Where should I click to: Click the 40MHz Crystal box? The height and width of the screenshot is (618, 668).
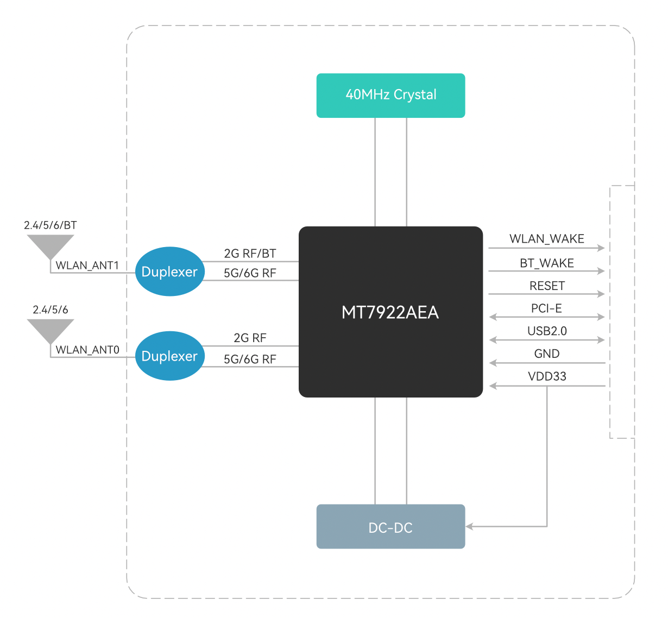pos(390,95)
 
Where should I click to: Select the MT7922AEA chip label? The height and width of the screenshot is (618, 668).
pos(390,312)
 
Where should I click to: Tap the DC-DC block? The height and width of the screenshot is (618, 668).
pos(390,527)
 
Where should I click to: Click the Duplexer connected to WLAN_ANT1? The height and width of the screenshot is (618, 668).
pos(169,272)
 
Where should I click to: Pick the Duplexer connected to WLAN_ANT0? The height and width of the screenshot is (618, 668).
pos(169,356)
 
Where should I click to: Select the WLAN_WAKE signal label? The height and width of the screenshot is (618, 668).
pos(546,239)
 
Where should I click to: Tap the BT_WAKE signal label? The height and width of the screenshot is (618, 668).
pos(546,263)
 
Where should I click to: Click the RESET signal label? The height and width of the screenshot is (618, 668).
pos(547,286)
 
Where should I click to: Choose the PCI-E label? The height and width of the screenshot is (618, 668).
pos(546,308)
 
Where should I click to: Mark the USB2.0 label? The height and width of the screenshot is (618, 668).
pos(547,331)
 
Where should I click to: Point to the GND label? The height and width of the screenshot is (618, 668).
pos(546,354)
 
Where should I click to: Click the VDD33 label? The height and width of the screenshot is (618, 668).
pos(547,376)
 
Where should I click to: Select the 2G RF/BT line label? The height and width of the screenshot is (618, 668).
pos(250,254)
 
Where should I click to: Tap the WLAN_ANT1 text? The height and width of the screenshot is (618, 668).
pos(87,266)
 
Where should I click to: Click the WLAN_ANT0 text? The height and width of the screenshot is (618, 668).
pos(87,350)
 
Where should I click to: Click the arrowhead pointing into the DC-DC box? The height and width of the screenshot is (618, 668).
pos(469,526)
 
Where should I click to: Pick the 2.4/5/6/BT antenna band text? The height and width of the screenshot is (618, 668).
pos(51,225)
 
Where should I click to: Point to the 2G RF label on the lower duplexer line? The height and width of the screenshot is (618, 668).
pos(250,338)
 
